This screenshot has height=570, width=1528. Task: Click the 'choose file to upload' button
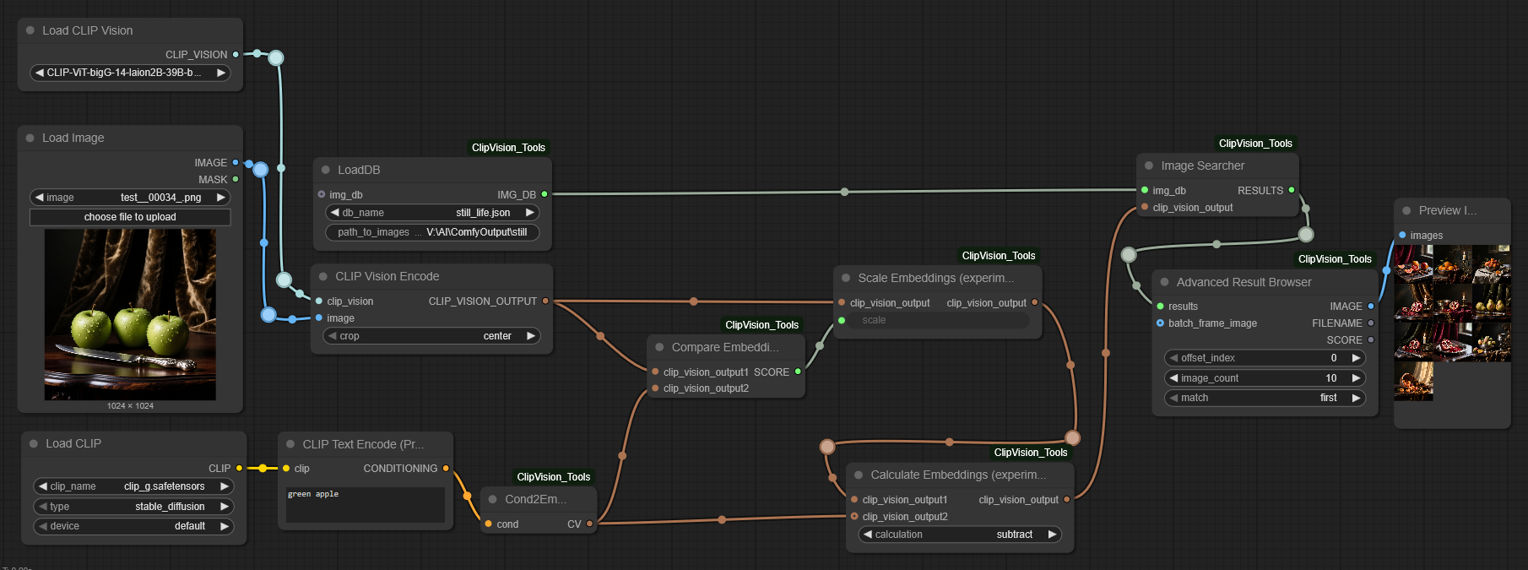[x=130, y=217]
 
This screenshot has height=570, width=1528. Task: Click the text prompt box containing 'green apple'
[x=365, y=504]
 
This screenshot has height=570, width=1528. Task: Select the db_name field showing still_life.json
[x=432, y=213]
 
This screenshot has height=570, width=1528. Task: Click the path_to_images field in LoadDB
[x=432, y=232]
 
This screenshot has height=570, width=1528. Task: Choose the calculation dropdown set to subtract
[x=960, y=535]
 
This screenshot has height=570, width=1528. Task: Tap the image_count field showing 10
[x=1265, y=378]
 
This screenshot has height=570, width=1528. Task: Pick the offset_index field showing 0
[x=1265, y=358]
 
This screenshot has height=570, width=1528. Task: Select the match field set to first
[x=1265, y=398]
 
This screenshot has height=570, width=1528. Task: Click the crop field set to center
[x=431, y=336]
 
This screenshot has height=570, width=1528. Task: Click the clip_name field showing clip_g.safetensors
[x=133, y=486]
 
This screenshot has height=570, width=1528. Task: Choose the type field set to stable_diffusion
[x=133, y=507]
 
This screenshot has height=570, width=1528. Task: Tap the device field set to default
[x=133, y=526]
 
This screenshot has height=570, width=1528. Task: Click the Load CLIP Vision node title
[x=88, y=30]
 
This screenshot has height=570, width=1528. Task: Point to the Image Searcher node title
[x=1202, y=166]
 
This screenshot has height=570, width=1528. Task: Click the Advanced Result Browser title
[x=1244, y=282]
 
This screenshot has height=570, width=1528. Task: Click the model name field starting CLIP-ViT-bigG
[x=130, y=73]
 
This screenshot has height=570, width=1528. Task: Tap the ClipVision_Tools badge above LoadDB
[x=508, y=148]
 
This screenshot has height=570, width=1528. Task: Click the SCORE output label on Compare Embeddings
[x=772, y=372]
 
